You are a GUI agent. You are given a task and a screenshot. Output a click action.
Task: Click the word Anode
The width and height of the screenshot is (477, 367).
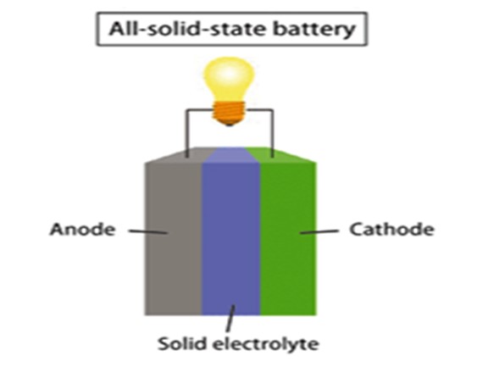point(83,229)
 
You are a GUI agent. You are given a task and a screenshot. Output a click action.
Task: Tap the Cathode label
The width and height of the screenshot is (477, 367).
point(391,229)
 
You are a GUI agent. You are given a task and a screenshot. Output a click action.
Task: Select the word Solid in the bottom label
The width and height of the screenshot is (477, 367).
point(182,343)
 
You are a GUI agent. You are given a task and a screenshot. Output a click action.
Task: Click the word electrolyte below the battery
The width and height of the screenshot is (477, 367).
point(265,344)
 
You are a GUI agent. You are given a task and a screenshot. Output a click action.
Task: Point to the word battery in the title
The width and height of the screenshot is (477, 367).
point(314,30)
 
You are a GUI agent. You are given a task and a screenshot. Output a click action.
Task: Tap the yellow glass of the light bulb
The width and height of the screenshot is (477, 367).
point(229,79)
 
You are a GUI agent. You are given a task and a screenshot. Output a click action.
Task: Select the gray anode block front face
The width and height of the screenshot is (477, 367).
point(173,239)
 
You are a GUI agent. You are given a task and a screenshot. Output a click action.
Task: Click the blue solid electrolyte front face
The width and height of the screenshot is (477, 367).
point(231,239)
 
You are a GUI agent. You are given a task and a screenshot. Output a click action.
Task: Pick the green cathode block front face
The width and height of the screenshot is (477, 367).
point(288,239)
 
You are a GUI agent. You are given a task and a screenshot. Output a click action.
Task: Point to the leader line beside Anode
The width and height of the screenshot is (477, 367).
point(148,231)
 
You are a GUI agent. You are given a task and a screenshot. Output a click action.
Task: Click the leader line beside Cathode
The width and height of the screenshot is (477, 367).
point(319,232)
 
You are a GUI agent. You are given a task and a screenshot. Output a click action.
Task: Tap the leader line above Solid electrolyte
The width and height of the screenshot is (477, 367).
point(230,319)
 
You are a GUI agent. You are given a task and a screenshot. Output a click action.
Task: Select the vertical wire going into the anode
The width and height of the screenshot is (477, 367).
point(187,133)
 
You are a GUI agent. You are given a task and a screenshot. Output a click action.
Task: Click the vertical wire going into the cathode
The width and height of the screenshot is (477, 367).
point(272,133)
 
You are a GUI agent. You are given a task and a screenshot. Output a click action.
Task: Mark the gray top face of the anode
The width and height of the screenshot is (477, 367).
point(180,155)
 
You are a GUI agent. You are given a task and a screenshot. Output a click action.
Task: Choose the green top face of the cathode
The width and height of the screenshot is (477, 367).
point(281,155)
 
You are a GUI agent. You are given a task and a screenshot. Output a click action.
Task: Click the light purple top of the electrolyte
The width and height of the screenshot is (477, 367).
point(230,155)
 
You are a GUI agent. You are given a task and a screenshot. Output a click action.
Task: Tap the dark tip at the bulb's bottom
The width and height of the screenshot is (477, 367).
point(229,124)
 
